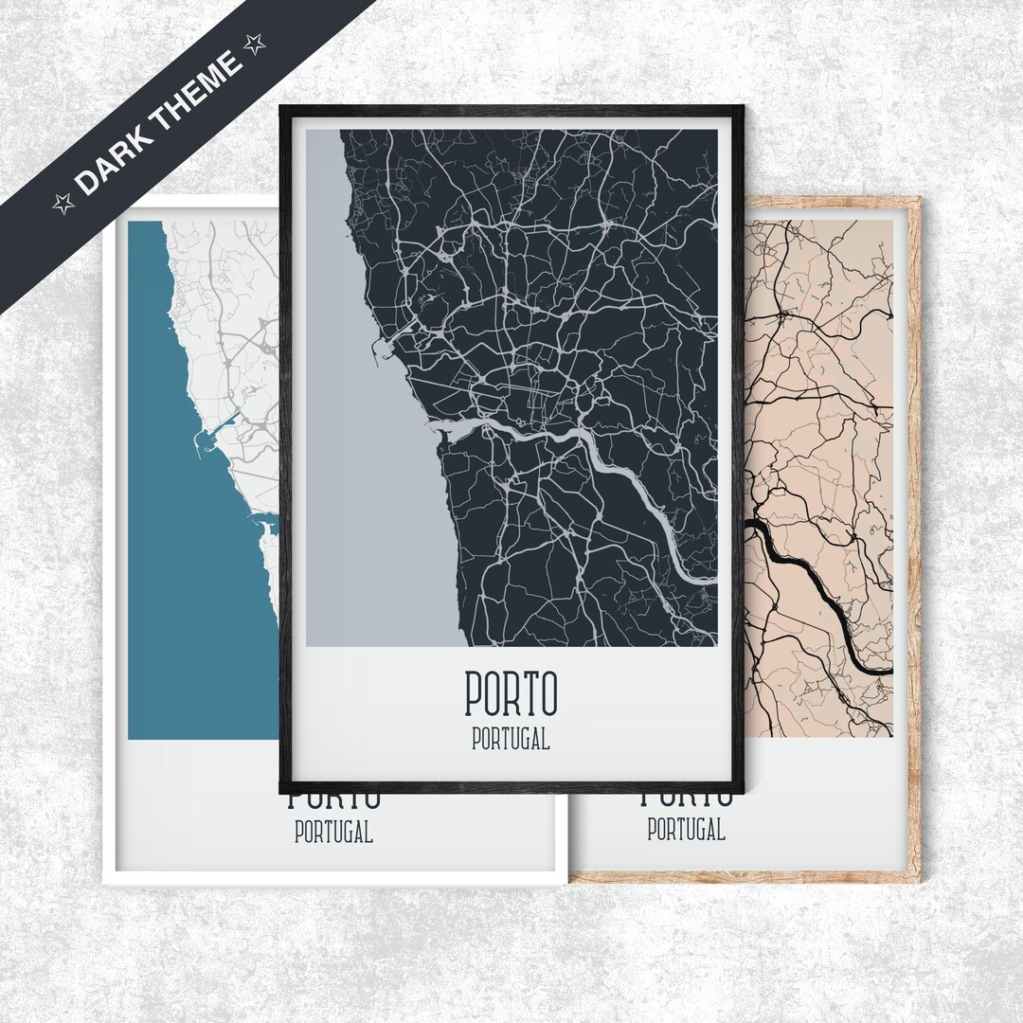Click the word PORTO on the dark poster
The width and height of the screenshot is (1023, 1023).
(x=511, y=693)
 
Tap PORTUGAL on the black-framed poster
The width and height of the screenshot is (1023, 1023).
(x=511, y=739)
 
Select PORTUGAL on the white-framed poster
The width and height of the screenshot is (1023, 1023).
(x=333, y=834)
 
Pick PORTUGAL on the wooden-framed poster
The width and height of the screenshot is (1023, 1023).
(x=687, y=831)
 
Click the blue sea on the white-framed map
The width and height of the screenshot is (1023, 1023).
(x=189, y=587)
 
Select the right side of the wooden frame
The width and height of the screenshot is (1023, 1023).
(x=914, y=530)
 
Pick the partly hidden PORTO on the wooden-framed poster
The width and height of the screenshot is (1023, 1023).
(x=687, y=799)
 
